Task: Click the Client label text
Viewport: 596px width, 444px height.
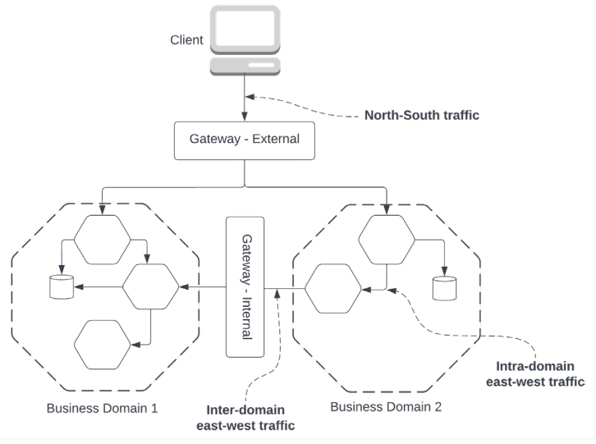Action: (x=186, y=40)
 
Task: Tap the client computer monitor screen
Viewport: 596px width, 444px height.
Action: (x=245, y=30)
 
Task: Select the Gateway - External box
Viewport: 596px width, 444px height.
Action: (x=245, y=139)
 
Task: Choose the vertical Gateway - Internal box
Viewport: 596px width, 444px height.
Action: (x=245, y=286)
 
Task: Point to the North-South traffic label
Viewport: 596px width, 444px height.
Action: (x=421, y=116)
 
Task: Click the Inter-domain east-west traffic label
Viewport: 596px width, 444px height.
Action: (x=245, y=417)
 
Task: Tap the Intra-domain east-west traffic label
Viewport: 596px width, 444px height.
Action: (x=534, y=373)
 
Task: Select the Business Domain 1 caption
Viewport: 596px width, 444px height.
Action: (x=102, y=408)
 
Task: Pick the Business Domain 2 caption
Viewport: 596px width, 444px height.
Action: (x=384, y=405)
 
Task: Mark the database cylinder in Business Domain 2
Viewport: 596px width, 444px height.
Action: (x=444, y=288)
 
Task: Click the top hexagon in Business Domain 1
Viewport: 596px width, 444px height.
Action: (x=102, y=240)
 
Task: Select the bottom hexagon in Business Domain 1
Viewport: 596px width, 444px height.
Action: (x=103, y=345)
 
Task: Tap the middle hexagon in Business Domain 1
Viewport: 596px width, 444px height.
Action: (x=150, y=286)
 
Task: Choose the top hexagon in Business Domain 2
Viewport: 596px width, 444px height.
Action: (x=386, y=240)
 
